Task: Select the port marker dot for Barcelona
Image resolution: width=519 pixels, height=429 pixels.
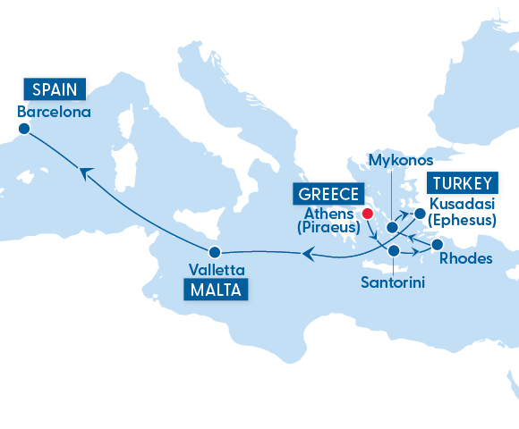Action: pyautogui.click(x=24, y=130)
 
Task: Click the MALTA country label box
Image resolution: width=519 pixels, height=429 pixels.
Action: pyautogui.click(x=216, y=290)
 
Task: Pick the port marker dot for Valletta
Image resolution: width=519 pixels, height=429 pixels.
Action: pyautogui.click(x=215, y=250)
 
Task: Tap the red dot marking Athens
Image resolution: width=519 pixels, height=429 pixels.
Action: pyautogui.click(x=366, y=214)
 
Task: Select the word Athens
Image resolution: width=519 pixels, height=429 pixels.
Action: pyautogui.click(x=330, y=214)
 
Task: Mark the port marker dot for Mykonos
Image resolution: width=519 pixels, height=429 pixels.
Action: pyautogui.click(x=392, y=228)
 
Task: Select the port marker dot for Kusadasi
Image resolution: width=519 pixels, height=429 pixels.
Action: pyautogui.click(x=420, y=214)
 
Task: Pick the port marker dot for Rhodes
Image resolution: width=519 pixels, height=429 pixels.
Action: pyautogui.click(x=438, y=244)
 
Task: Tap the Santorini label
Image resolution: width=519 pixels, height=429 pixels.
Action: pyautogui.click(x=393, y=282)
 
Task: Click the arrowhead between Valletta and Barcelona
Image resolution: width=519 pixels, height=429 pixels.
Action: pyautogui.click(x=84, y=173)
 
